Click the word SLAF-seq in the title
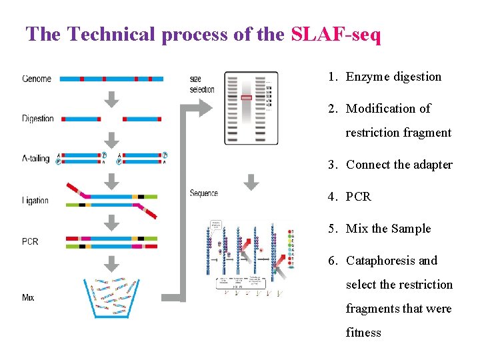(x=336, y=34)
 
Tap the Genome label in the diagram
(x=37, y=79)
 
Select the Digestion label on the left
(x=38, y=119)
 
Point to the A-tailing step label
(x=36, y=159)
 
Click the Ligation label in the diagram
(x=35, y=200)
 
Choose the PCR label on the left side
(x=30, y=241)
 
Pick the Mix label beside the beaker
(x=28, y=297)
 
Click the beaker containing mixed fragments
(x=113, y=297)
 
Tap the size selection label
(x=202, y=85)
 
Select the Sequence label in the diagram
(x=204, y=193)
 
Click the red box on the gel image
(x=247, y=98)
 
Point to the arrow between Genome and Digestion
(x=113, y=99)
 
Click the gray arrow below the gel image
(x=251, y=181)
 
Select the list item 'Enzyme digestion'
(x=393, y=77)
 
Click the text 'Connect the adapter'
(x=399, y=165)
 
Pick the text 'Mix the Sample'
(x=388, y=229)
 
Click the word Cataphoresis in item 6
(x=381, y=261)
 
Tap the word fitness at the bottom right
(x=363, y=333)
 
